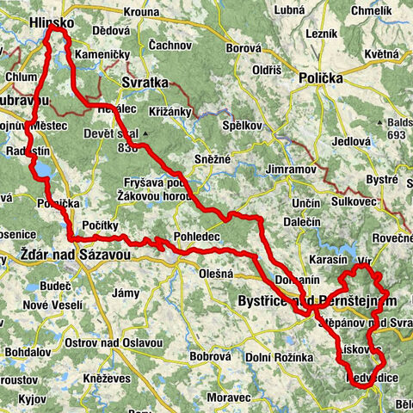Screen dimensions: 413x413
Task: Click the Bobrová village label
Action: (x=211, y=355)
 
